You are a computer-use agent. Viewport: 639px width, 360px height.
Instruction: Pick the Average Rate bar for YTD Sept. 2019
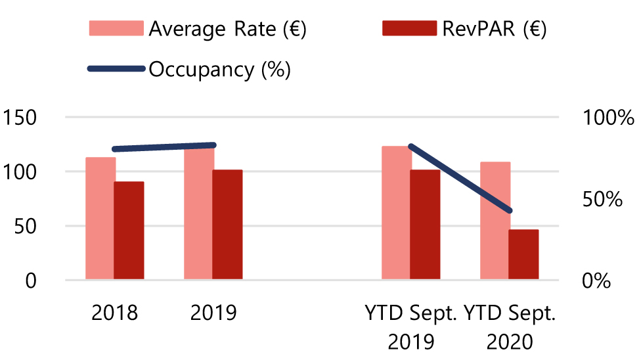point(396,214)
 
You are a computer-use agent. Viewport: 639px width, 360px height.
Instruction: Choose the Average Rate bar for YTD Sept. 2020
point(495,221)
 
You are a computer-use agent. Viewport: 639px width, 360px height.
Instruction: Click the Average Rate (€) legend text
point(227,30)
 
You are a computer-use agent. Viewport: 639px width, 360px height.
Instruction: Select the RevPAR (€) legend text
point(495,30)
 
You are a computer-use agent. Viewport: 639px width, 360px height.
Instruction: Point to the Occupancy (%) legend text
point(220,69)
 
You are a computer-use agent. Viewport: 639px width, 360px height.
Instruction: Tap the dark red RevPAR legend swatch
point(408,30)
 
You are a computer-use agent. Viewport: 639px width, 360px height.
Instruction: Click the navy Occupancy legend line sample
point(116,69)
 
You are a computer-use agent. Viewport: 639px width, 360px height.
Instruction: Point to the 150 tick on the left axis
point(21,118)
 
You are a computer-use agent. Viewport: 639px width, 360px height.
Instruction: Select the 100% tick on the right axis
point(607,118)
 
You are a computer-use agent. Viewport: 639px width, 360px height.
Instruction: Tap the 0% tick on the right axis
point(596,281)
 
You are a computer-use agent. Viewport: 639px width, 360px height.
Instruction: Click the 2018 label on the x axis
point(115,313)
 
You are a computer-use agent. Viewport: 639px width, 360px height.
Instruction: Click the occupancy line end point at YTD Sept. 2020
point(510,210)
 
